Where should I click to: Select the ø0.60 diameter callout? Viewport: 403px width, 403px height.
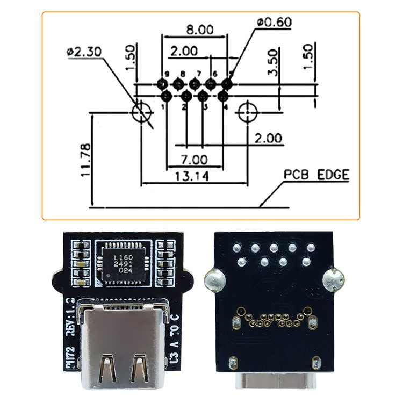click(x=274, y=23)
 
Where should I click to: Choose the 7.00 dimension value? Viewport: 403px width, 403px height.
click(x=194, y=160)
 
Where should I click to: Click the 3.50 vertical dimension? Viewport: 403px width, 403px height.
click(x=272, y=63)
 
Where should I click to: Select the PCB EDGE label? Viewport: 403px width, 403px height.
click(x=316, y=175)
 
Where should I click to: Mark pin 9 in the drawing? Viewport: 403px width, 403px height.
click(x=162, y=84)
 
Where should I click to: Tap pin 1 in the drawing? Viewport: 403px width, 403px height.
click(x=166, y=96)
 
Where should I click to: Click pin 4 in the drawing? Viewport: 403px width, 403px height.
click(x=223, y=96)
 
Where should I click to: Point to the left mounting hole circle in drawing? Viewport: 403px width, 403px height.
click(x=141, y=112)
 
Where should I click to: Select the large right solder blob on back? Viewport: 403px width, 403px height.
click(x=333, y=279)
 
